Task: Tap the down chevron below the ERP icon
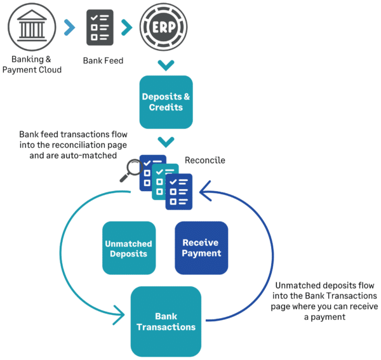tap(165, 65)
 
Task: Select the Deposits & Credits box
tap(165, 102)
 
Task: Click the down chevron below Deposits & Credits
tap(165, 142)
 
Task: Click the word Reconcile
tap(205, 161)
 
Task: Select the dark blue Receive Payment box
tap(201, 248)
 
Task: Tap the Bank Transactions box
tap(166, 321)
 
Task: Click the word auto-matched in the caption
tap(95, 155)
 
